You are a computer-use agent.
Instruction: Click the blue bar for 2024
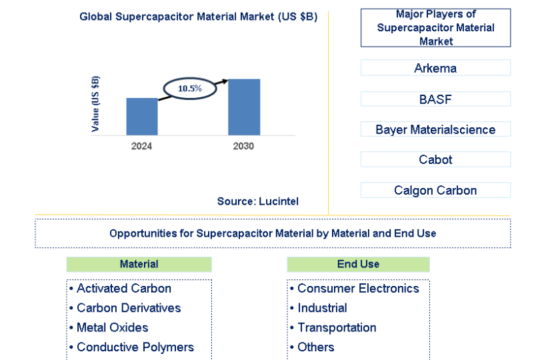pyautogui.click(x=142, y=117)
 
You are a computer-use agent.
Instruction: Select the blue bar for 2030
pyautogui.click(x=244, y=107)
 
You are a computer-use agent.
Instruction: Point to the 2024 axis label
pyautogui.click(x=141, y=146)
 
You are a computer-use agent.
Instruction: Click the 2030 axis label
pyautogui.click(x=243, y=146)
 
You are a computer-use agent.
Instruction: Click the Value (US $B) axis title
pyautogui.click(x=95, y=103)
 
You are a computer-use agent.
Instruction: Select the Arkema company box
pyautogui.click(x=435, y=68)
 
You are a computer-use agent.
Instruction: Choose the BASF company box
pyautogui.click(x=435, y=99)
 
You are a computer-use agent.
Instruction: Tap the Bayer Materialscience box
pyautogui.click(x=435, y=129)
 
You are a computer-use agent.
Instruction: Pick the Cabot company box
pyautogui.click(x=435, y=159)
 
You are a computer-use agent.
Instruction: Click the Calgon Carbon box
pyautogui.click(x=435, y=190)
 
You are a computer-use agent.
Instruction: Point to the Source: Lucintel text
pyautogui.click(x=258, y=201)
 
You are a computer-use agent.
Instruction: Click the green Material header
pyautogui.click(x=139, y=264)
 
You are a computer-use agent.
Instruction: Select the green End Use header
pyautogui.click(x=358, y=264)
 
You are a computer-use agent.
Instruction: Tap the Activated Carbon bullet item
pyautogui.click(x=120, y=289)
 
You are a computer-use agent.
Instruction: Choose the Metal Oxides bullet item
pyautogui.click(x=109, y=328)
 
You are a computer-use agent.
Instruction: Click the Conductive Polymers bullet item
pyautogui.click(x=131, y=347)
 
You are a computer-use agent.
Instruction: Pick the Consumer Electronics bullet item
pyautogui.click(x=355, y=289)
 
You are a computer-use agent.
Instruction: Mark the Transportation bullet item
pyautogui.click(x=333, y=328)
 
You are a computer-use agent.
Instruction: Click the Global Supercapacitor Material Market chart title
pyautogui.click(x=198, y=17)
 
